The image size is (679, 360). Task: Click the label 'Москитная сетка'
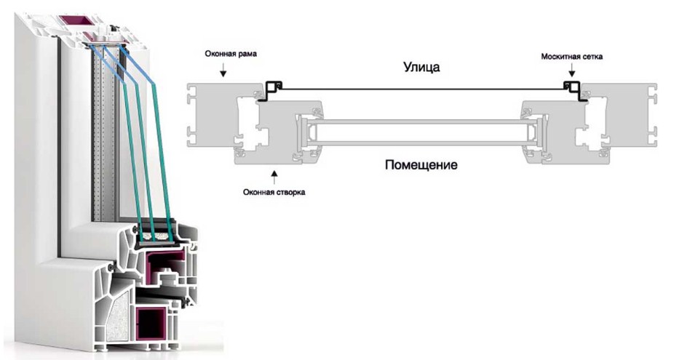click(x=571, y=55)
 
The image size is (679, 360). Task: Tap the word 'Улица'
click(x=422, y=66)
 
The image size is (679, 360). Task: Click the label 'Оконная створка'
click(x=273, y=193)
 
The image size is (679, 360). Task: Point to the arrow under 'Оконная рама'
click(x=224, y=71)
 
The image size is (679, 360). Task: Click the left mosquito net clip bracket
click(x=272, y=89)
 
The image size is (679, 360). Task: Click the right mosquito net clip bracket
click(x=571, y=89)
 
